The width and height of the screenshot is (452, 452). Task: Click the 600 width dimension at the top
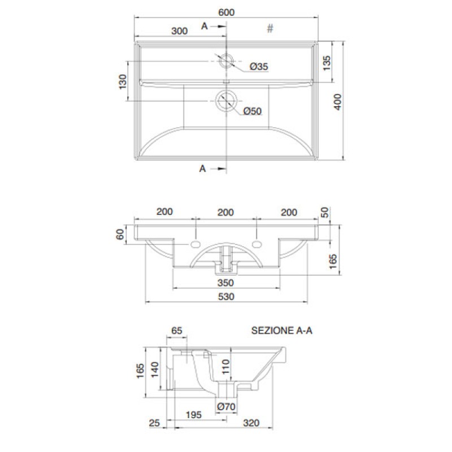[x=227, y=12]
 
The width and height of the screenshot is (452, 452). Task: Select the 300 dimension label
[x=179, y=31]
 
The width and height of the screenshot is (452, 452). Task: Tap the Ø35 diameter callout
[x=259, y=67]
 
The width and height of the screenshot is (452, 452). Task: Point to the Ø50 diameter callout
[x=253, y=111]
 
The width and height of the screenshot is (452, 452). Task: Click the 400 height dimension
[x=337, y=102]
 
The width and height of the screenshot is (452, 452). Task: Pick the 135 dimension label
[x=327, y=63]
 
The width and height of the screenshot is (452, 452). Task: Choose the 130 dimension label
[x=123, y=82]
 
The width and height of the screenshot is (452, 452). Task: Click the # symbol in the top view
[x=270, y=29]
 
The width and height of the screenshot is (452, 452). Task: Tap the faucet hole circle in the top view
[x=227, y=61]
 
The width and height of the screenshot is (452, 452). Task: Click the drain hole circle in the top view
[x=226, y=101]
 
